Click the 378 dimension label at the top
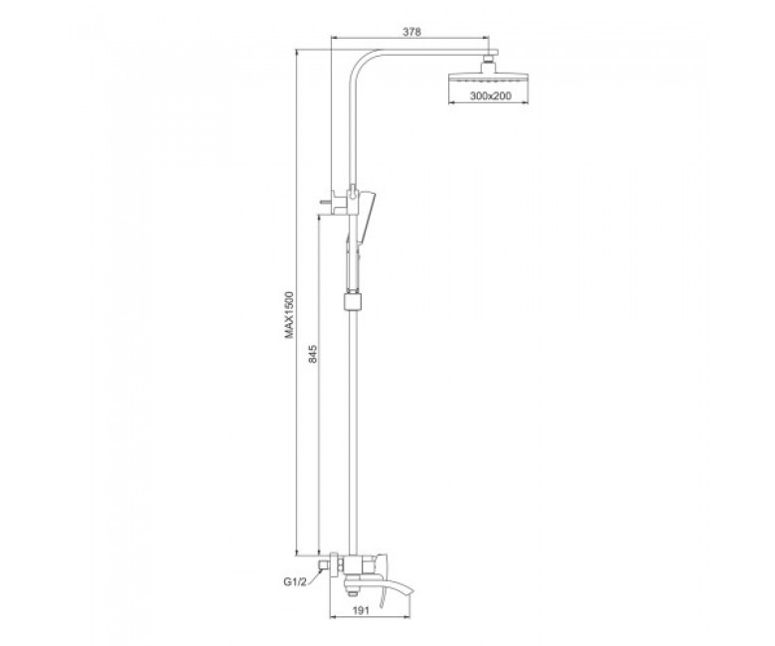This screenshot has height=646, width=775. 411,32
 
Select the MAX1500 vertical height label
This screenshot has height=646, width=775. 289,315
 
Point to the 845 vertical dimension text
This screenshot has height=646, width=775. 313,354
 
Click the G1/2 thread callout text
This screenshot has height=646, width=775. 295,582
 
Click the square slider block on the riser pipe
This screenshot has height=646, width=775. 352,301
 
